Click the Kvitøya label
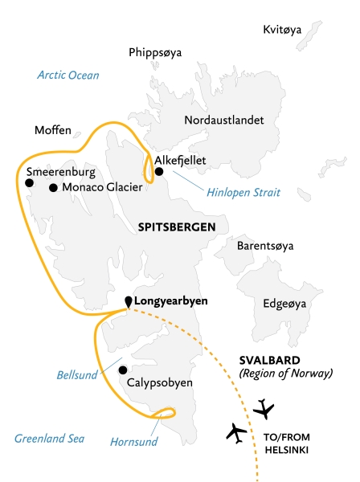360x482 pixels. tap(282, 30)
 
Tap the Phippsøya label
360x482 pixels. tap(155, 53)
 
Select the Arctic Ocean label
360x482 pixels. tap(68, 76)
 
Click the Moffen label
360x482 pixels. tap(53, 129)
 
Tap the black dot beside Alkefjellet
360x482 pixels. tap(159, 171)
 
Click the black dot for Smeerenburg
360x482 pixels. tap(30, 183)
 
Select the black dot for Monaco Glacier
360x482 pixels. tap(53, 188)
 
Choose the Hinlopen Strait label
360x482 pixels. tap(240, 193)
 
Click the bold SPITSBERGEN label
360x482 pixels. tap(175, 227)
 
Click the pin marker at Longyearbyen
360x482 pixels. tap(127, 301)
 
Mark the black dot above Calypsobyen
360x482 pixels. tap(122, 370)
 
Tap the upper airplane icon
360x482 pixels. tap(263, 409)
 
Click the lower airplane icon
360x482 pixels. tap(236, 433)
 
